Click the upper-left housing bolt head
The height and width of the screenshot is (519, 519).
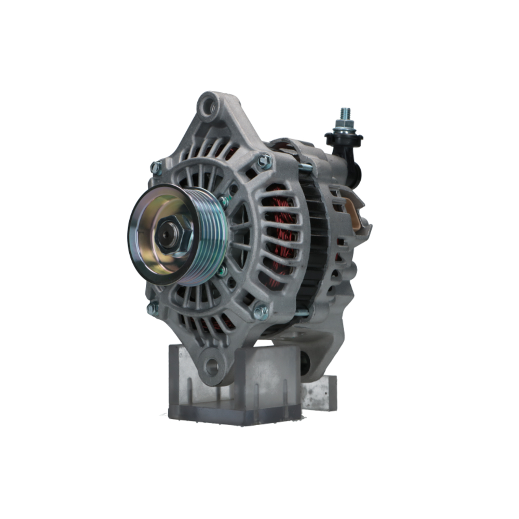coord(156,167)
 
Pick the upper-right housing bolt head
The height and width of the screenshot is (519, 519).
coord(264,161)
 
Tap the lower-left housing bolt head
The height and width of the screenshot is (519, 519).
coord(153,309)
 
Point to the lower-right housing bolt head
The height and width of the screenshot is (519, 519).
coord(261,312)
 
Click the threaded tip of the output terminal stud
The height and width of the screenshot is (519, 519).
coord(345,113)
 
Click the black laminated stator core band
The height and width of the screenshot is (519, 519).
coord(314,244)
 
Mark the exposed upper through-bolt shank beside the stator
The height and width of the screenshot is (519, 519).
coord(305,168)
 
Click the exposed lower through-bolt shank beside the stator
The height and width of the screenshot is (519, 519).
coord(302,312)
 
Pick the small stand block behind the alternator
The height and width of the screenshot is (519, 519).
coord(319,392)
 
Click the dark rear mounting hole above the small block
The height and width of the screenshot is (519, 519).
coord(305,363)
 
